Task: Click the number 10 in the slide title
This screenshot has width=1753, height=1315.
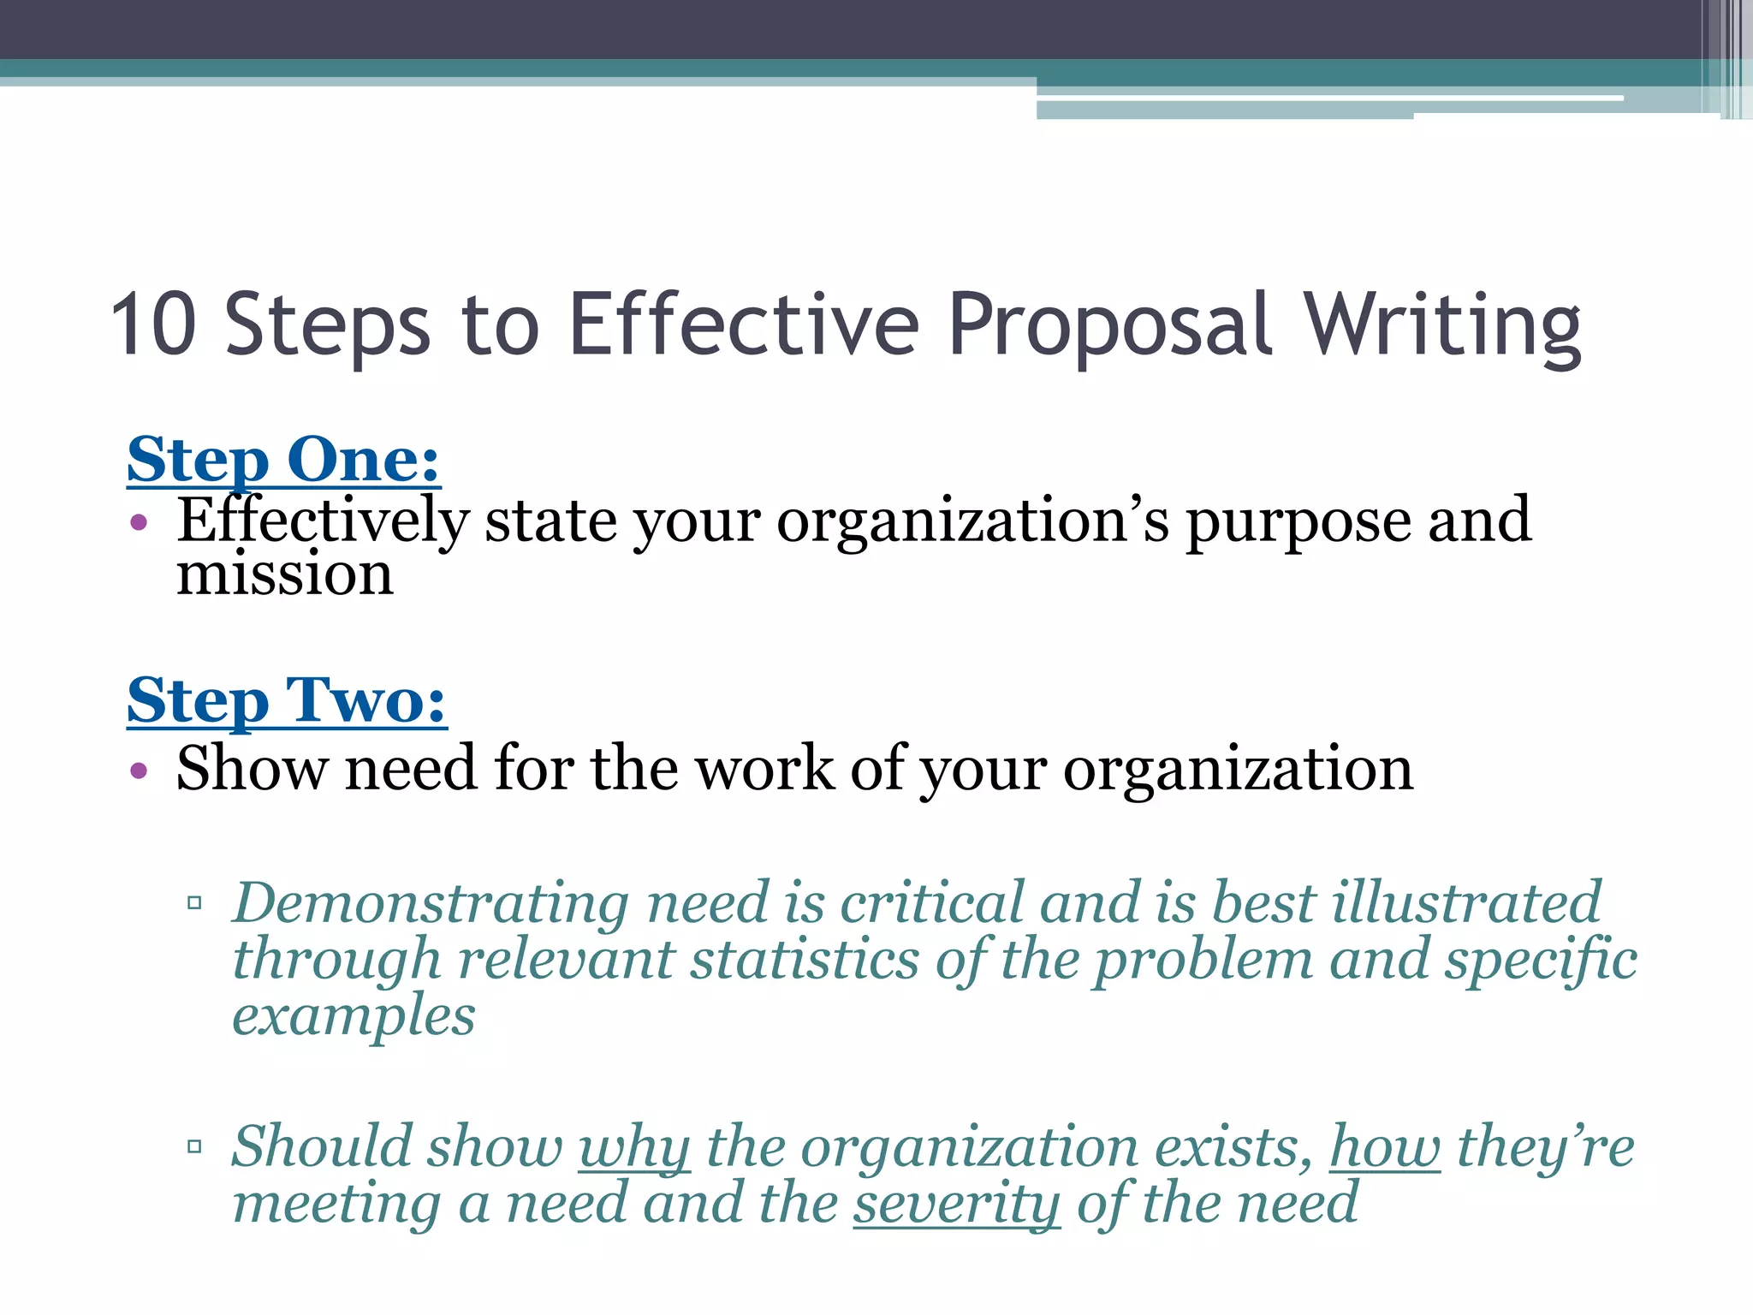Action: pos(154,324)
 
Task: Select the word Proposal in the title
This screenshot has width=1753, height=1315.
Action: pos(1110,326)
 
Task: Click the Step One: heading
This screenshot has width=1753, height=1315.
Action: pos(283,461)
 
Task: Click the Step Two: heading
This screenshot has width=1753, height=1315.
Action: pos(287,701)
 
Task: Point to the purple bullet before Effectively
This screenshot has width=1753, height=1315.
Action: pos(140,522)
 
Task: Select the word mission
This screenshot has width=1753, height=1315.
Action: pos(285,574)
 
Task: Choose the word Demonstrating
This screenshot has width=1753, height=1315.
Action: pos(431,904)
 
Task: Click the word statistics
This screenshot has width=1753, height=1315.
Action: pos(805,960)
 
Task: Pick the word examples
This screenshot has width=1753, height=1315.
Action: pos(354,1017)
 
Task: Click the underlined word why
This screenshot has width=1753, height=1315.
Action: pos(634,1148)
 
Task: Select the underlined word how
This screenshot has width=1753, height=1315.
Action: pos(1385,1146)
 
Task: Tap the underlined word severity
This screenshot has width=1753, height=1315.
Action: pos(956,1204)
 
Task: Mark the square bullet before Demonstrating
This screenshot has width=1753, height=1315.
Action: pos(194,902)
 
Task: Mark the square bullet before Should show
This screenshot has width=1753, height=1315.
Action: pos(194,1146)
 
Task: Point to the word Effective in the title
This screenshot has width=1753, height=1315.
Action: pos(744,324)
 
